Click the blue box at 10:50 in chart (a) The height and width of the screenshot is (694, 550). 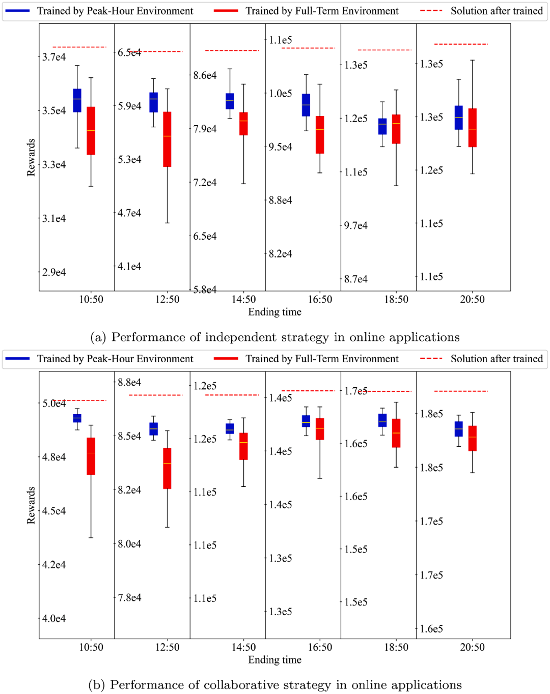[x=77, y=100]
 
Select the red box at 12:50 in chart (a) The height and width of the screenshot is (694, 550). [x=167, y=139]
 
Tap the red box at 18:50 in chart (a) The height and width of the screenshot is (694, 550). [x=396, y=129]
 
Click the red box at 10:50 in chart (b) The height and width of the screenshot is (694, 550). [x=91, y=456]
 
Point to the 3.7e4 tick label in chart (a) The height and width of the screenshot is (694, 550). [x=54, y=57]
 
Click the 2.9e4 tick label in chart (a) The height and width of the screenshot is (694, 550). [x=54, y=273]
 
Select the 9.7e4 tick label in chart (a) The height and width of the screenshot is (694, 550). [x=355, y=225]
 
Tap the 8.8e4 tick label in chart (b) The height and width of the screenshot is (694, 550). [x=129, y=383]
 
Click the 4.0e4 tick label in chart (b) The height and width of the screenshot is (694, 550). [x=54, y=619]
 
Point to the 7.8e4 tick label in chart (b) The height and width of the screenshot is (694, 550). [x=129, y=597]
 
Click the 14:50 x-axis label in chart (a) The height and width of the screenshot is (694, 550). [x=244, y=300]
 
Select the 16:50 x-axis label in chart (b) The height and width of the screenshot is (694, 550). [x=320, y=647]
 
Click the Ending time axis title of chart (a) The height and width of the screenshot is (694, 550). [x=274, y=312]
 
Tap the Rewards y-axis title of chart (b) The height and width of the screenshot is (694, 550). [x=31, y=505]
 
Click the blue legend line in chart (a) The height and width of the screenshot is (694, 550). [x=17, y=11]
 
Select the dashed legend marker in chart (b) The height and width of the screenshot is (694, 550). [x=431, y=359]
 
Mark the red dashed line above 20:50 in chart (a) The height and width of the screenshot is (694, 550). [x=461, y=44]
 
